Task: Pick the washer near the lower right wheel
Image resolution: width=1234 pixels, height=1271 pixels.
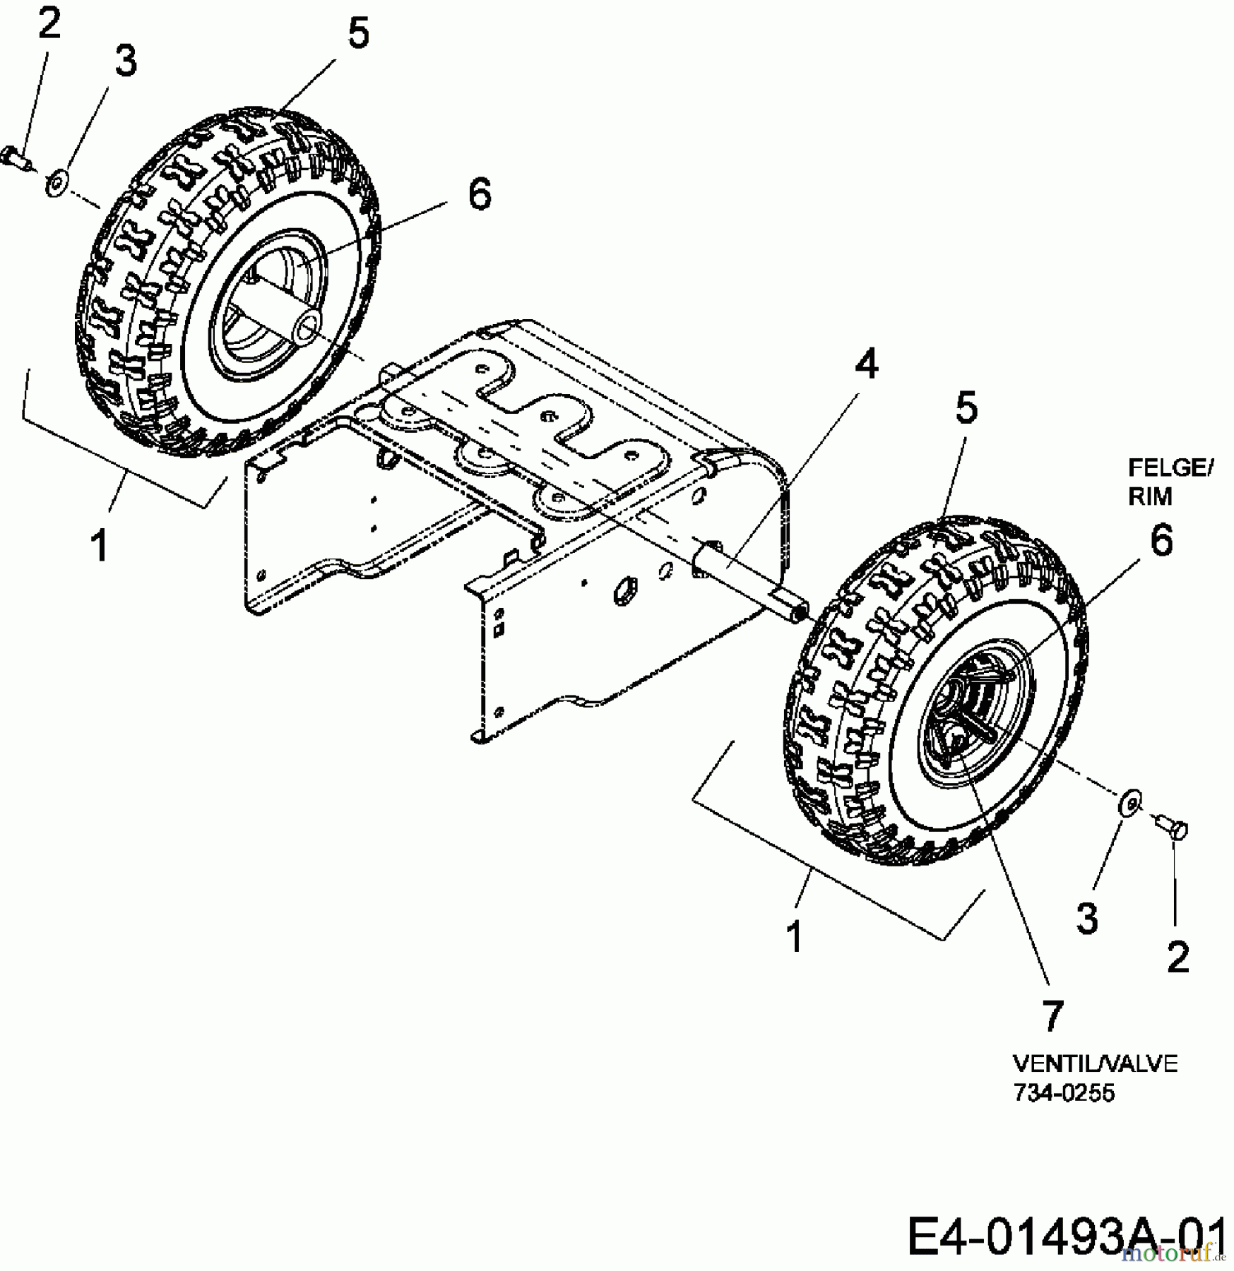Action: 1131,804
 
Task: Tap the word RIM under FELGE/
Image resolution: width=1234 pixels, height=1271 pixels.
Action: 1149,496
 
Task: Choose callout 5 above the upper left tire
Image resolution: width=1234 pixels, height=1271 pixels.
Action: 358,33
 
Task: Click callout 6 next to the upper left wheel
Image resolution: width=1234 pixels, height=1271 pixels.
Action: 480,193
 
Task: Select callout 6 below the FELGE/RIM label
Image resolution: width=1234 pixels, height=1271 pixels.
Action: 1161,541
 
